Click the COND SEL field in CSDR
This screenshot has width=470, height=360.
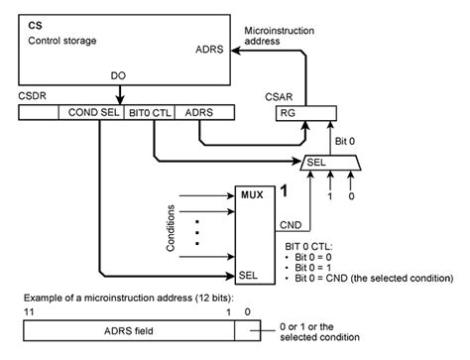click(91, 112)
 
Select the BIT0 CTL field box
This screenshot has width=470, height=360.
click(149, 112)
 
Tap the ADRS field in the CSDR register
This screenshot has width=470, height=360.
click(204, 112)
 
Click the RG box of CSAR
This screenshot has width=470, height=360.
click(306, 113)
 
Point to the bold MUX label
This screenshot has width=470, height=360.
click(252, 194)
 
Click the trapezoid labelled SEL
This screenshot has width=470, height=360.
click(330, 163)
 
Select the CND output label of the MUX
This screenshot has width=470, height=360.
click(291, 225)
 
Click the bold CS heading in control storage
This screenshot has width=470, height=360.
click(35, 26)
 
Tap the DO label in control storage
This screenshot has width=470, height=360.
click(118, 75)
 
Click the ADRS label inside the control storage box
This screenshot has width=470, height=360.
click(209, 50)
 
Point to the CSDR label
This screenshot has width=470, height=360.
click(32, 96)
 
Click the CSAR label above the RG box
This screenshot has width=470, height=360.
click(279, 97)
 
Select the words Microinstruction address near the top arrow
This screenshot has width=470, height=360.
click(280, 36)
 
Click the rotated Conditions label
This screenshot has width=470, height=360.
click(171, 228)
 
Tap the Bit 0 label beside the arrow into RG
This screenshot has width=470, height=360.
click(345, 141)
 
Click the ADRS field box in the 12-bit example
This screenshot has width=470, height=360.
click(129, 330)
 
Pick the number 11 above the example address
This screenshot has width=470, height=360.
click(29, 311)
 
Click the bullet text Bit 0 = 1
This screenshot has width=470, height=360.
click(313, 268)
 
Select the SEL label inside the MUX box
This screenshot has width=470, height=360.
click(248, 275)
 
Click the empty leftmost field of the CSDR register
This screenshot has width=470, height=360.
click(39, 112)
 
